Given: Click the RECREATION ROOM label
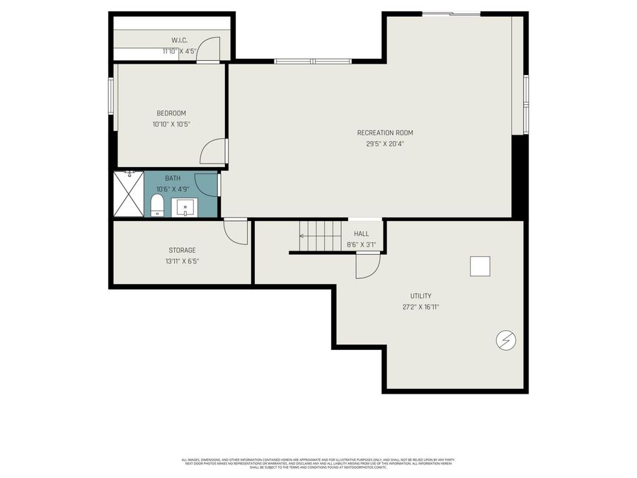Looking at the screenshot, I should [385, 132].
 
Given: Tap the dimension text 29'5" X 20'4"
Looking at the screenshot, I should [385, 144].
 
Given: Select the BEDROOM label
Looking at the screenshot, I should [171, 113].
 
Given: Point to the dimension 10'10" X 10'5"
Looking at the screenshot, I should [171, 124].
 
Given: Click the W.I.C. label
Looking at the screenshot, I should [178, 40].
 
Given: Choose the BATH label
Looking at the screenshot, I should [173, 178].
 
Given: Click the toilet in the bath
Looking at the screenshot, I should [157, 206].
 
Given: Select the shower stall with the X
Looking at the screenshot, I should [129, 194].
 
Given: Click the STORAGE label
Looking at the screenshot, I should [182, 250].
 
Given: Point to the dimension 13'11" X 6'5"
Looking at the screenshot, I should [182, 261].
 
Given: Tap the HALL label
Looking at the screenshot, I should [361, 234].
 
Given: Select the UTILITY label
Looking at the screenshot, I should [420, 296].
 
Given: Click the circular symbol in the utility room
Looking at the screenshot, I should [506, 341].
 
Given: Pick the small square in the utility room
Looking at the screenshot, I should [480, 266].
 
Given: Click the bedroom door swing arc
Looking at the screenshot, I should [213, 150].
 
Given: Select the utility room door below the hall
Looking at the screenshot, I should [367, 266].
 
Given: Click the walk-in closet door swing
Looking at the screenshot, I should [207, 49].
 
